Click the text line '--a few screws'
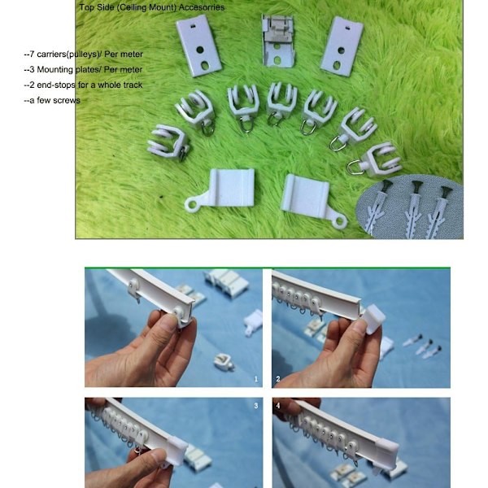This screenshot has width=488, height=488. (52, 100)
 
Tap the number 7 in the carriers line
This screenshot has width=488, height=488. (32, 54)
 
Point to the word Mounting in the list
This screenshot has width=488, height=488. (55, 70)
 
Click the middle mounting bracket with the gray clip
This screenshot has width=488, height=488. (277, 40)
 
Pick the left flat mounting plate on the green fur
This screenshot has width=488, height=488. (198, 46)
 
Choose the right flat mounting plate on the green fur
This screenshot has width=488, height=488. (342, 46)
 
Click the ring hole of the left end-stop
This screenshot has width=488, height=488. (192, 204)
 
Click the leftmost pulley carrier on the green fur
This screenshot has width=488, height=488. (168, 143)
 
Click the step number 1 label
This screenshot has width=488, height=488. (256, 379)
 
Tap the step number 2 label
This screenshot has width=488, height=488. (278, 379)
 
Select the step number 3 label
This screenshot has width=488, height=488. (256, 406)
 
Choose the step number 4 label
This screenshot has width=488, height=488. (278, 406)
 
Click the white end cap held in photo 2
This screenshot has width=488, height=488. (374, 319)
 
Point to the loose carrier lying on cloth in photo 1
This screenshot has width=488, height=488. (224, 361)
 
